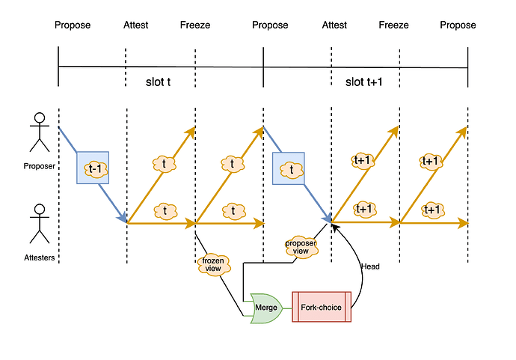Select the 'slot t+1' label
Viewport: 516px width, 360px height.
(x=363, y=82)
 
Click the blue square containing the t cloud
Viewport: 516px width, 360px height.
(x=292, y=168)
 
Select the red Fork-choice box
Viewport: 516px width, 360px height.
(x=321, y=307)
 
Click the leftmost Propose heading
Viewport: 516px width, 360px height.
(x=73, y=25)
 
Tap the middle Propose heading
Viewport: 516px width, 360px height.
(x=270, y=25)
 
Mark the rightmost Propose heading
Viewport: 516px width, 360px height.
(x=458, y=25)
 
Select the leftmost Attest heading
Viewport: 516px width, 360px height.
(x=135, y=25)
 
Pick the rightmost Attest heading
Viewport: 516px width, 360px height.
(x=334, y=25)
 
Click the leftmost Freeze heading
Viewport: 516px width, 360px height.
(x=195, y=25)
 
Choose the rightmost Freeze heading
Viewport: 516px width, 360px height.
(x=393, y=25)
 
